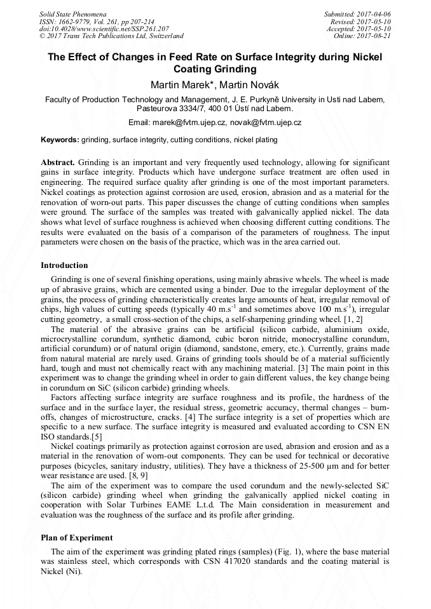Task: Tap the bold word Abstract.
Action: click(x=58, y=163)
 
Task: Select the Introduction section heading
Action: click(x=64, y=265)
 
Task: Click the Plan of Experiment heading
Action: click(x=76, y=538)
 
